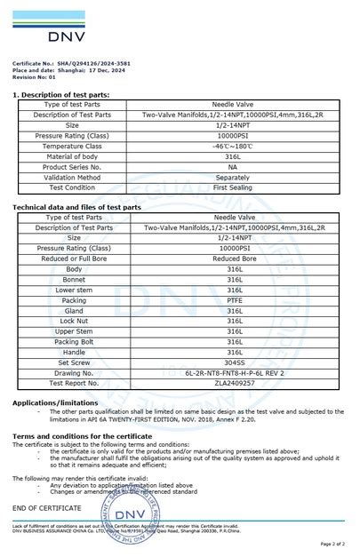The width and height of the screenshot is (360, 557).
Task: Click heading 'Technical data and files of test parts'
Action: (76, 207)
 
